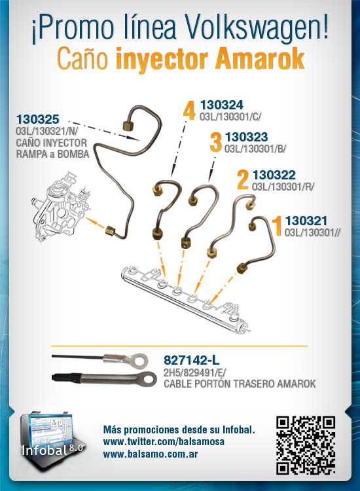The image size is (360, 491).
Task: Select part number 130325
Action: coord(37,119)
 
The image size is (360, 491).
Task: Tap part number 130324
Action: coord(222,105)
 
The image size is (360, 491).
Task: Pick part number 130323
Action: coord(246,137)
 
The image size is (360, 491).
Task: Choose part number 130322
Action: coord(274,175)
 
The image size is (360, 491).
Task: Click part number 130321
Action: coord(306,221)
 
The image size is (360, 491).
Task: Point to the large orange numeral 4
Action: coord(189,110)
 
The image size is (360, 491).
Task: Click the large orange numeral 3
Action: coord(216,143)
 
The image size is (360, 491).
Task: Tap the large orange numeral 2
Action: coord(243,180)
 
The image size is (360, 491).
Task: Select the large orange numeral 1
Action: coord(277,226)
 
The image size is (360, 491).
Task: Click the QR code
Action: coord(306,445)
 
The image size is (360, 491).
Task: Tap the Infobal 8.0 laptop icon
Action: coord(50,439)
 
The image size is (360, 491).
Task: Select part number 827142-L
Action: coord(191,361)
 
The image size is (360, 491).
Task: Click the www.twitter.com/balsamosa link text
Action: coord(164,442)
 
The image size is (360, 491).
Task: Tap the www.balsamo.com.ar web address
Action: coord(151,454)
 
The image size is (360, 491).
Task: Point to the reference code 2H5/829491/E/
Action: coord(194,373)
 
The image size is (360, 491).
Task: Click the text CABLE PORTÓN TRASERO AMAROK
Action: coord(240,384)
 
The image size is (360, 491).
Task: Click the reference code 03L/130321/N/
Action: coord(47,131)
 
